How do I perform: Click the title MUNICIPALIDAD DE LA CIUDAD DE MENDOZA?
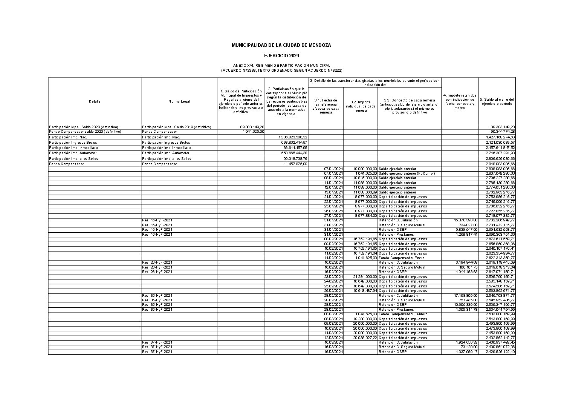[x=281, y=45]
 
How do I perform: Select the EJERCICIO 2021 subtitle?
[x=281, y=56]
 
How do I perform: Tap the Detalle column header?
[x=95, y=101]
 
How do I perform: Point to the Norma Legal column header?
[x=179, y=101]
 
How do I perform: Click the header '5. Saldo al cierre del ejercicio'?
[x=497, y=101]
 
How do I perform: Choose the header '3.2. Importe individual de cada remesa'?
[x=361, y=106]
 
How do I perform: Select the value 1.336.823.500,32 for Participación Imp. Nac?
[x=292, y=137]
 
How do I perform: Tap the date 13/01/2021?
[x=334, y=192]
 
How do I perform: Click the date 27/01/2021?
[x=334, y=216]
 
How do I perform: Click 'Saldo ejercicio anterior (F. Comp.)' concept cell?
[x=407, y=173]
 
